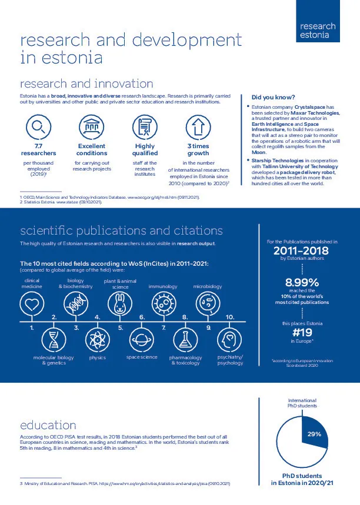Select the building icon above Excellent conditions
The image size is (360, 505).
point(91,126)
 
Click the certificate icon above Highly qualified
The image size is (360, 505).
point(145,126)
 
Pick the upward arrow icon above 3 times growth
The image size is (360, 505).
point(198,126)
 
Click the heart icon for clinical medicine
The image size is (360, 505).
point(32,304)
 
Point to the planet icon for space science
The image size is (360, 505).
point(142,339)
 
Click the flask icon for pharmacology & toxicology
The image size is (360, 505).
point(185,339)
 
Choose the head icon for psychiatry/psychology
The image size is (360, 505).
point(229,339)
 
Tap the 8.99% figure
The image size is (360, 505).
point(302,281)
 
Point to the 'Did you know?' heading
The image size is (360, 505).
point(273,97)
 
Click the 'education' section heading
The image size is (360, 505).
point(48,424)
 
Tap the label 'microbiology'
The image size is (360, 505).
point(208,286)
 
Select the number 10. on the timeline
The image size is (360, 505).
point(230,317)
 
